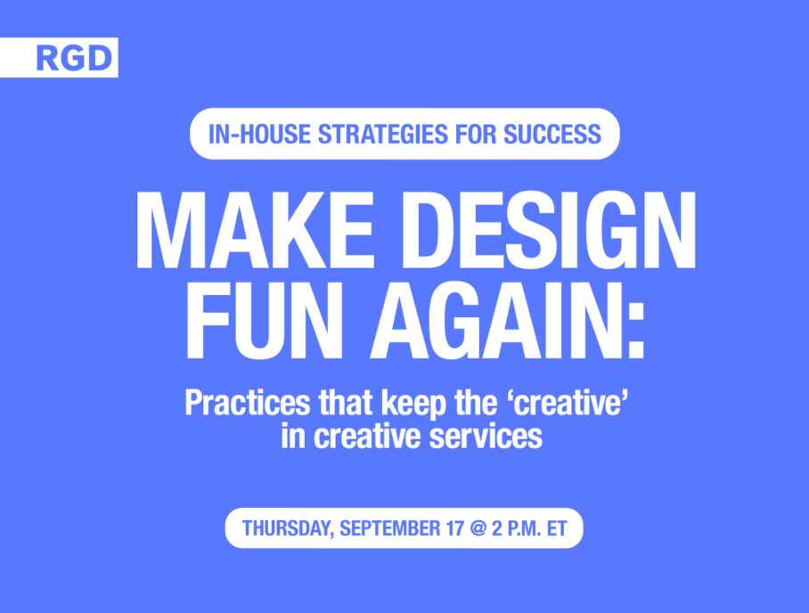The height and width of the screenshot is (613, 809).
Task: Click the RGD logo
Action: (x=74, y=58)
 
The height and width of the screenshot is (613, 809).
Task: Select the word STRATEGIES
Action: (x=383, y=135)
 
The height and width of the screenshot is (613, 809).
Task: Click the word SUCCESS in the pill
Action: (x=552, y=135)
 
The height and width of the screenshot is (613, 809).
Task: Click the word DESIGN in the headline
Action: (x=549, y=230)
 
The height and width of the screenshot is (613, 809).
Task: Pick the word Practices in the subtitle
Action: (x=248, y=403)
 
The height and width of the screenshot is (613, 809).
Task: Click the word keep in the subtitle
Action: (x=413, y=403)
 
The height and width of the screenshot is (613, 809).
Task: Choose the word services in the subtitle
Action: (x=486, y=437)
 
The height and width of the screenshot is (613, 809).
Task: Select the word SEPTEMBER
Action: (x=390, y=529)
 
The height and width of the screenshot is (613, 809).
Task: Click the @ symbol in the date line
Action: (x=478, y=529)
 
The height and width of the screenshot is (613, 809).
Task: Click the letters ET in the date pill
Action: (x=557, y=529)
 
